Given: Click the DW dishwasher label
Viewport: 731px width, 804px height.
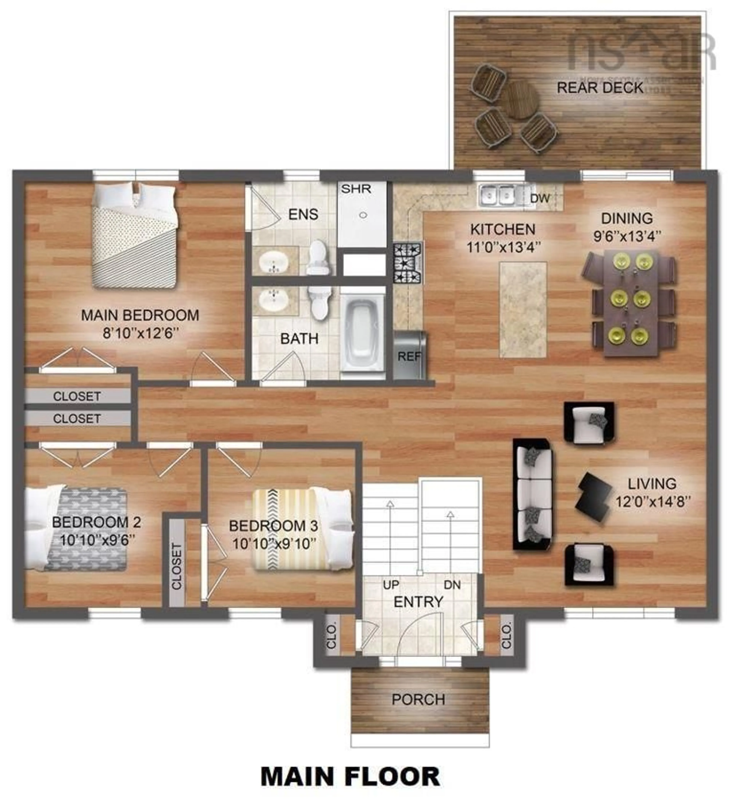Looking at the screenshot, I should coord(540,198).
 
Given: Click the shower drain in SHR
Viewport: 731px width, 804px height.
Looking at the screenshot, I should coord(363,215).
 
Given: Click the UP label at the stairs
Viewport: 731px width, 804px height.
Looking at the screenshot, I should coord(391,585).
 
